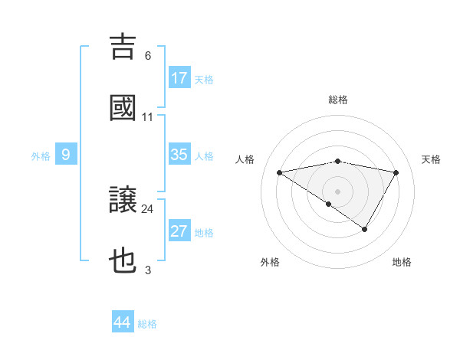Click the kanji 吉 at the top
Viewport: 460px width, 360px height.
point(123,47)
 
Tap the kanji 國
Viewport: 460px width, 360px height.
point(123,108)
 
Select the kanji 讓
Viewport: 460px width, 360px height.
point(123,201)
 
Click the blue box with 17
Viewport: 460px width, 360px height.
point(179,78)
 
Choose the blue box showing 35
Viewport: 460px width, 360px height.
point(179,155)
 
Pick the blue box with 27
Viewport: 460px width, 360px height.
point(179,231)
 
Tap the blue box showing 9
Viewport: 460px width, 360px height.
point(66,155)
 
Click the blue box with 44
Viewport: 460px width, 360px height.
point(123,322)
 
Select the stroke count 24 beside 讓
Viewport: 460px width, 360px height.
point(147,208)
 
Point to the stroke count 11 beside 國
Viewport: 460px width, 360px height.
point(147,116)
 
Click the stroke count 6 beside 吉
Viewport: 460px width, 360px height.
point(148,55)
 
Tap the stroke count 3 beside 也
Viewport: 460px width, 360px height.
point(148,270)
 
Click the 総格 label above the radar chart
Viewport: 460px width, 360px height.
point(338,100)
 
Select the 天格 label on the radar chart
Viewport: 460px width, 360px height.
point(431,159)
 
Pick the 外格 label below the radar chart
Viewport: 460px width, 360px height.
point(270,262)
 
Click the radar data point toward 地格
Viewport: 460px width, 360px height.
point(365,229)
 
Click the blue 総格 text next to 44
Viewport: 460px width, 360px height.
point(147,324)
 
